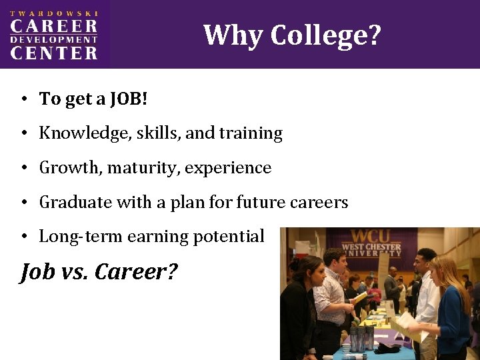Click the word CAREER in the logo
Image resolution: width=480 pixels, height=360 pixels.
point(53,27)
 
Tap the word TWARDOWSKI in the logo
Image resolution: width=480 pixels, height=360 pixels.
point(53,13)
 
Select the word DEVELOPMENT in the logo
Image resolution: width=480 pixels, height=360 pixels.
point(53,40)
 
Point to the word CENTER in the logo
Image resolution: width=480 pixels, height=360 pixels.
point(53,53)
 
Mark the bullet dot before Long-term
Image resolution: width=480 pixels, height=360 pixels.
point(23,237)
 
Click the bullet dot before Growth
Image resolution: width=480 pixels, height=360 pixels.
point(23,168)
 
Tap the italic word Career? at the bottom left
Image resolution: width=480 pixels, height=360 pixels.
point(136,272)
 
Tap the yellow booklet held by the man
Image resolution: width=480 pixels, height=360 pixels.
point(361,298)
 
